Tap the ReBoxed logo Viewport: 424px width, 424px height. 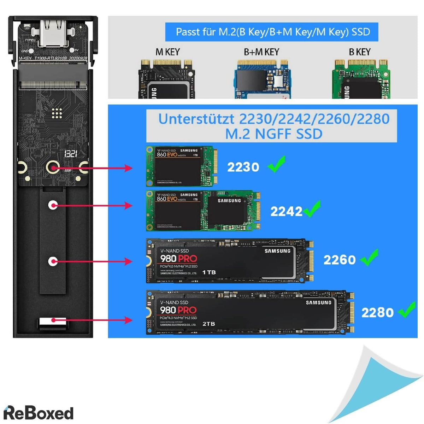tap(38, 413)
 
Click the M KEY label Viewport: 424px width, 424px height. tap(167, 52)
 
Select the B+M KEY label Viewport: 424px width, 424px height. tap(261, 52)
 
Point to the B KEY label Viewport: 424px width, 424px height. tap(359, 52)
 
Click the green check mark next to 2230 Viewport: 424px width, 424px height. tap(277, 165)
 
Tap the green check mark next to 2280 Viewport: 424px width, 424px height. tap(407, 310)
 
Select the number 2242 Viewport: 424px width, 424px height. tap(286, 212)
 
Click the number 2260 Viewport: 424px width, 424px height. tap(339, 260)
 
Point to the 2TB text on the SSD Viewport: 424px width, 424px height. tap(208, 324)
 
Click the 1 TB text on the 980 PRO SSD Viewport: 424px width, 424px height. tap(209, 272)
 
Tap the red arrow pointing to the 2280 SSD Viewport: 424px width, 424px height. tap(92, 320)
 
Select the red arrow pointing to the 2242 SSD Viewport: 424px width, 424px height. tap(92, 205)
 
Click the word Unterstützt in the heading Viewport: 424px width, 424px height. tap(196, 119)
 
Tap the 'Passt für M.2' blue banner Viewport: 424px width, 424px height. tap(272, 32)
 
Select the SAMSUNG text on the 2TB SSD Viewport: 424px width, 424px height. tap(318, 302)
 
